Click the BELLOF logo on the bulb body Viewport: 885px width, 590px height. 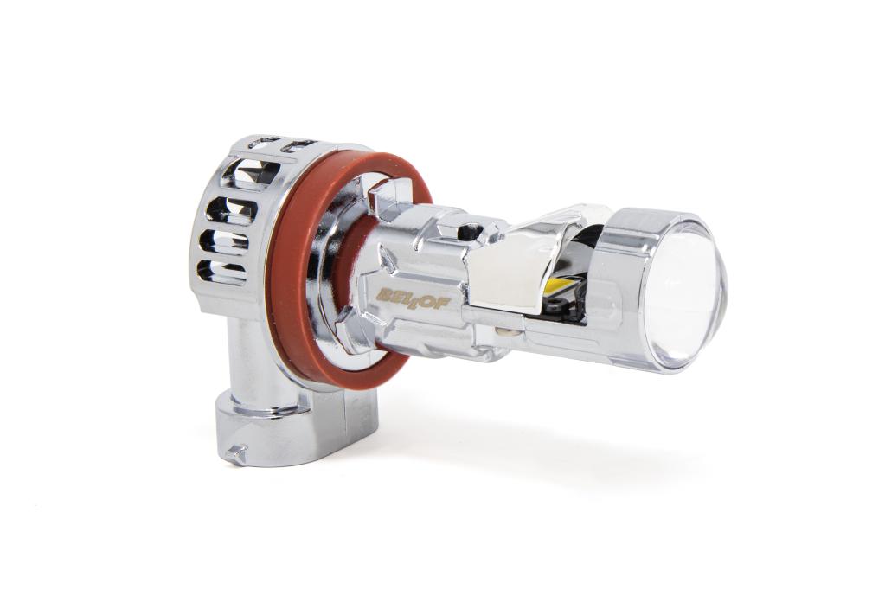[414, 297]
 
